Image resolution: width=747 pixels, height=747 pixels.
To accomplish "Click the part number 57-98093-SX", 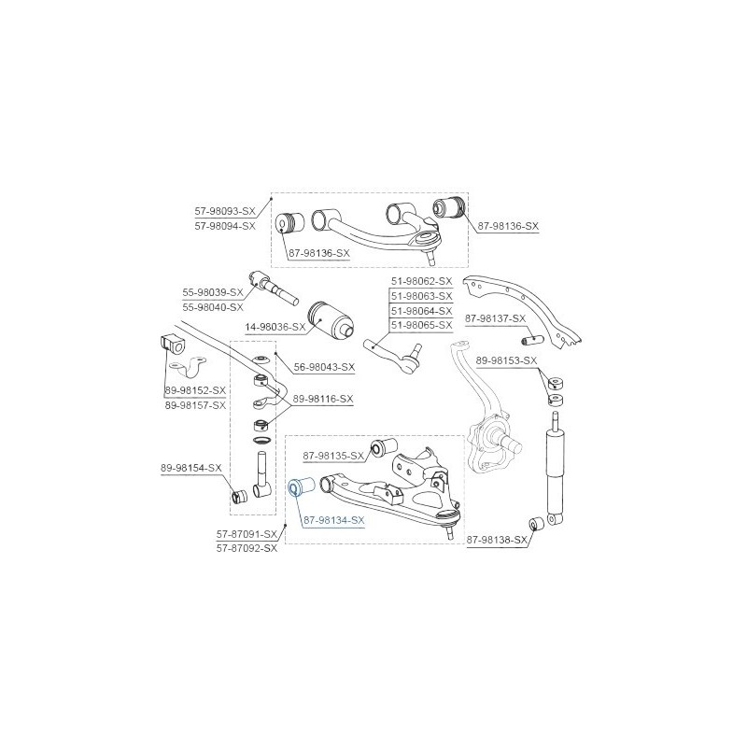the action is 225,211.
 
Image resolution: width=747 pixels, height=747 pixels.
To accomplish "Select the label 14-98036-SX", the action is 275,327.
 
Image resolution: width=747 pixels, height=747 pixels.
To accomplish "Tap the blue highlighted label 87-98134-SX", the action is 334,520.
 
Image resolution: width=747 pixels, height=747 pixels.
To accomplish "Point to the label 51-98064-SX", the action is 422,311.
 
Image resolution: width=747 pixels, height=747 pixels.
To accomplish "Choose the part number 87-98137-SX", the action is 496,318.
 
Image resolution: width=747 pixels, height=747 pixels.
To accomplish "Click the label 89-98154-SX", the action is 191,468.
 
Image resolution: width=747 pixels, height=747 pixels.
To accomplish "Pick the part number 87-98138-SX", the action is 497,540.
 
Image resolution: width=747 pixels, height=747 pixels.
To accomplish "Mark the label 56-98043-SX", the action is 324,367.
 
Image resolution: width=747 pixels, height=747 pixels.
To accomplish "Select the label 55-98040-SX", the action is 213,307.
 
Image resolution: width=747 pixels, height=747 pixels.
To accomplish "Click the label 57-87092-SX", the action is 247,548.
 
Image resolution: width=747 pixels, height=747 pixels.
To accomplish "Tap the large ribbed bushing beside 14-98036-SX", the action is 331,320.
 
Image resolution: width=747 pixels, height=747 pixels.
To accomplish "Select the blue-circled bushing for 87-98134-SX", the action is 302,486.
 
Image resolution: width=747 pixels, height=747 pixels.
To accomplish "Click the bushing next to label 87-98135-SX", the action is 384,446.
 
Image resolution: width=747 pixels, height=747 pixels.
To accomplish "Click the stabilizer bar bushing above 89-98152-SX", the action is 172,345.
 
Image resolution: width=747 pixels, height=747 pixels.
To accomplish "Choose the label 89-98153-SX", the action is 506,360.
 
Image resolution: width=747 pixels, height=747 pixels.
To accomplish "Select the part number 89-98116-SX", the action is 323,399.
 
